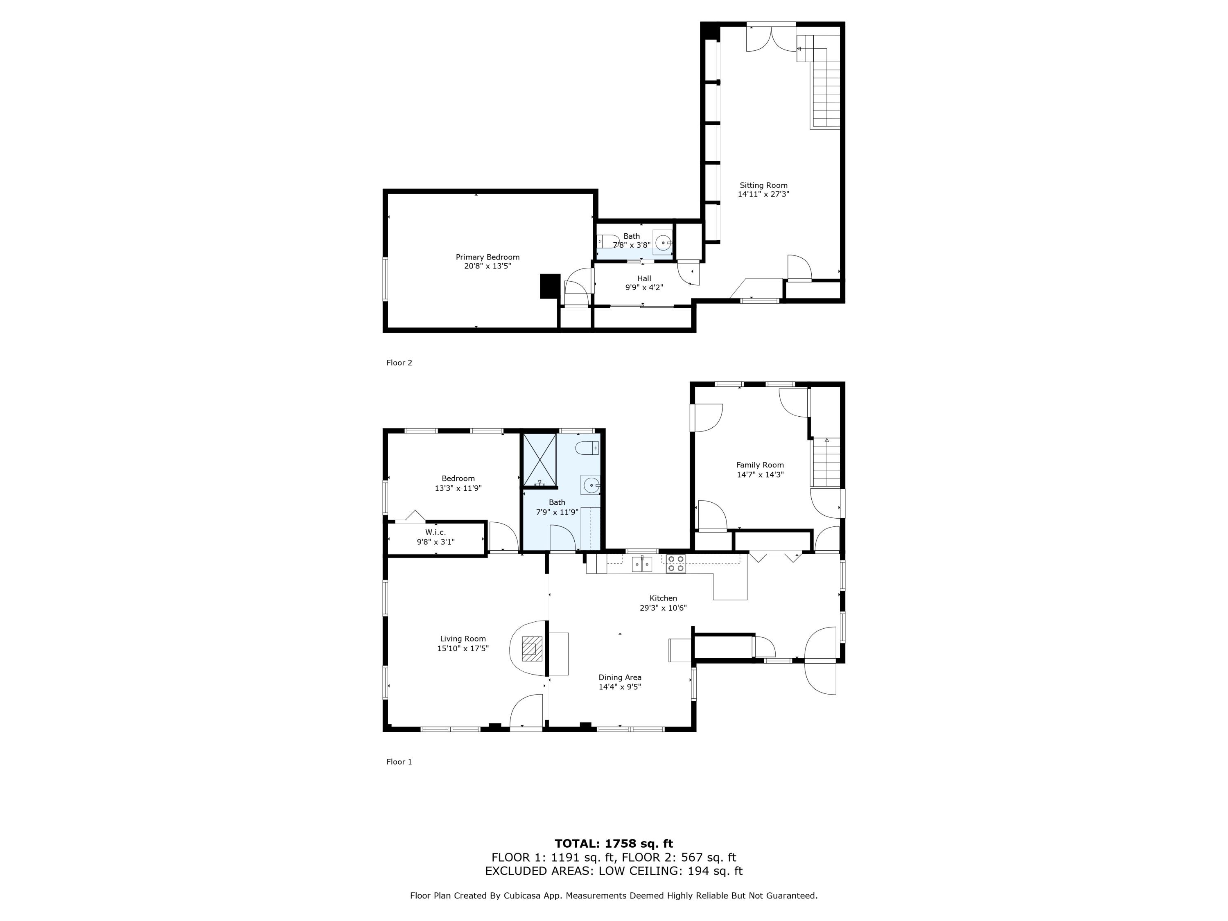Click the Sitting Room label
pos(763,185)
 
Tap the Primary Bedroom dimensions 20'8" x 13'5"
pos(488,266)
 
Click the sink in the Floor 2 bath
pos(663,243)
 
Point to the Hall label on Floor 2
pos(644,279)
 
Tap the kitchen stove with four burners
pos(676,564)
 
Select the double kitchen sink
pos(642,564)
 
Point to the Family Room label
pos(760,465)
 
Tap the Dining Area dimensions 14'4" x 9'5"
pos(620,687)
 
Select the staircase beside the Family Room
pos(826,463)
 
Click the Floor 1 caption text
pos(399,762)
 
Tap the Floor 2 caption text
pos(399,363)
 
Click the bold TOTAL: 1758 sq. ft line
pos(614,844)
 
